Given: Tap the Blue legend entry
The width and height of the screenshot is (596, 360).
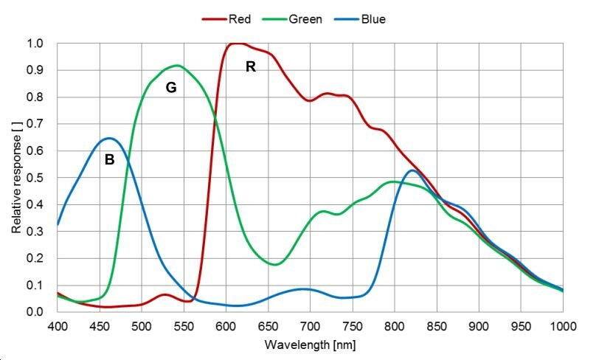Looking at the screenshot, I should [372, 19].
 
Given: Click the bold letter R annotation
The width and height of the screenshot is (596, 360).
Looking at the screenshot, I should [251, 67].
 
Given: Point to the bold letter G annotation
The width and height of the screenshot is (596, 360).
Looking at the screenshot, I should [170, 88].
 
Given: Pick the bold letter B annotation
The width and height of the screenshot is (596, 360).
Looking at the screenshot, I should [109, 159].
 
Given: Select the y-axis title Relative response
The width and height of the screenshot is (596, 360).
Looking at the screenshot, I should [16, 178].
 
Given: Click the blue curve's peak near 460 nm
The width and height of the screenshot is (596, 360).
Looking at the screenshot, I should [108, 138].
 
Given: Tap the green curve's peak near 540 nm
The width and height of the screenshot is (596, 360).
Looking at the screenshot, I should [177, 65].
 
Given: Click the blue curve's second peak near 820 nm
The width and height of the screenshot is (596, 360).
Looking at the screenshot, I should [412, 170].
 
